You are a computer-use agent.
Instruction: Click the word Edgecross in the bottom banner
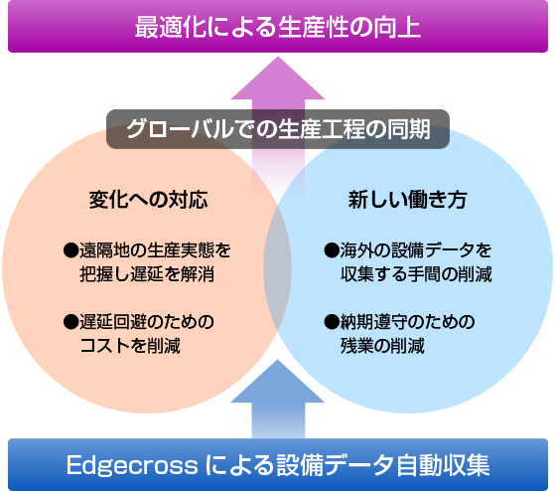[132, 465]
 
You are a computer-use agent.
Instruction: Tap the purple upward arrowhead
[278, 79]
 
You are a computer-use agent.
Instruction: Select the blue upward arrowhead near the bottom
[278, 382]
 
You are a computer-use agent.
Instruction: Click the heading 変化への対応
[148, 199]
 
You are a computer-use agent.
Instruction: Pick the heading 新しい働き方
[407, 199]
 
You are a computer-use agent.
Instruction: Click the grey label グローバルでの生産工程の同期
[278, 129]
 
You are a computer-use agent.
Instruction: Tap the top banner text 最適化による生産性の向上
[278, 27]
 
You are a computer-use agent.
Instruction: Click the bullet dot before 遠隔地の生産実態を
[70, 250]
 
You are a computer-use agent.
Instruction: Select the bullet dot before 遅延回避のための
[70, 322]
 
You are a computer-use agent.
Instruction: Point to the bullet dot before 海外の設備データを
[332, 250]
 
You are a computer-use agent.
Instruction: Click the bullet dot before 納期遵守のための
[332, 322]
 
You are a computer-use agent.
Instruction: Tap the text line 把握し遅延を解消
[147, 274]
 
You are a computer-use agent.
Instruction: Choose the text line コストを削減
[130, 346]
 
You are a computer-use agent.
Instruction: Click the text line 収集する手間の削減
[416, 274]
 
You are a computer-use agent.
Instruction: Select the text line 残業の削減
[382, 346]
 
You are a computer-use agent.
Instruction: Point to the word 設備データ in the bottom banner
[336, 465]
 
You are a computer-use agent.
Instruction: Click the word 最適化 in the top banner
[171, 27]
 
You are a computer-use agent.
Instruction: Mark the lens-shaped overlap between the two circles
[278, 269]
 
